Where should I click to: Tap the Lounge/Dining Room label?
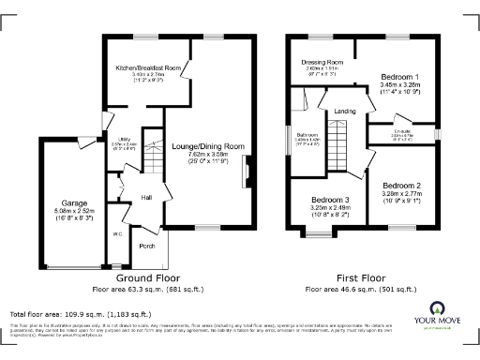[208, 147]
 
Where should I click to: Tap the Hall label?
[147, 198]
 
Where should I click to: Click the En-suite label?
[404, 133]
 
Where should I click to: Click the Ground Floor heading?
[147, 278]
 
